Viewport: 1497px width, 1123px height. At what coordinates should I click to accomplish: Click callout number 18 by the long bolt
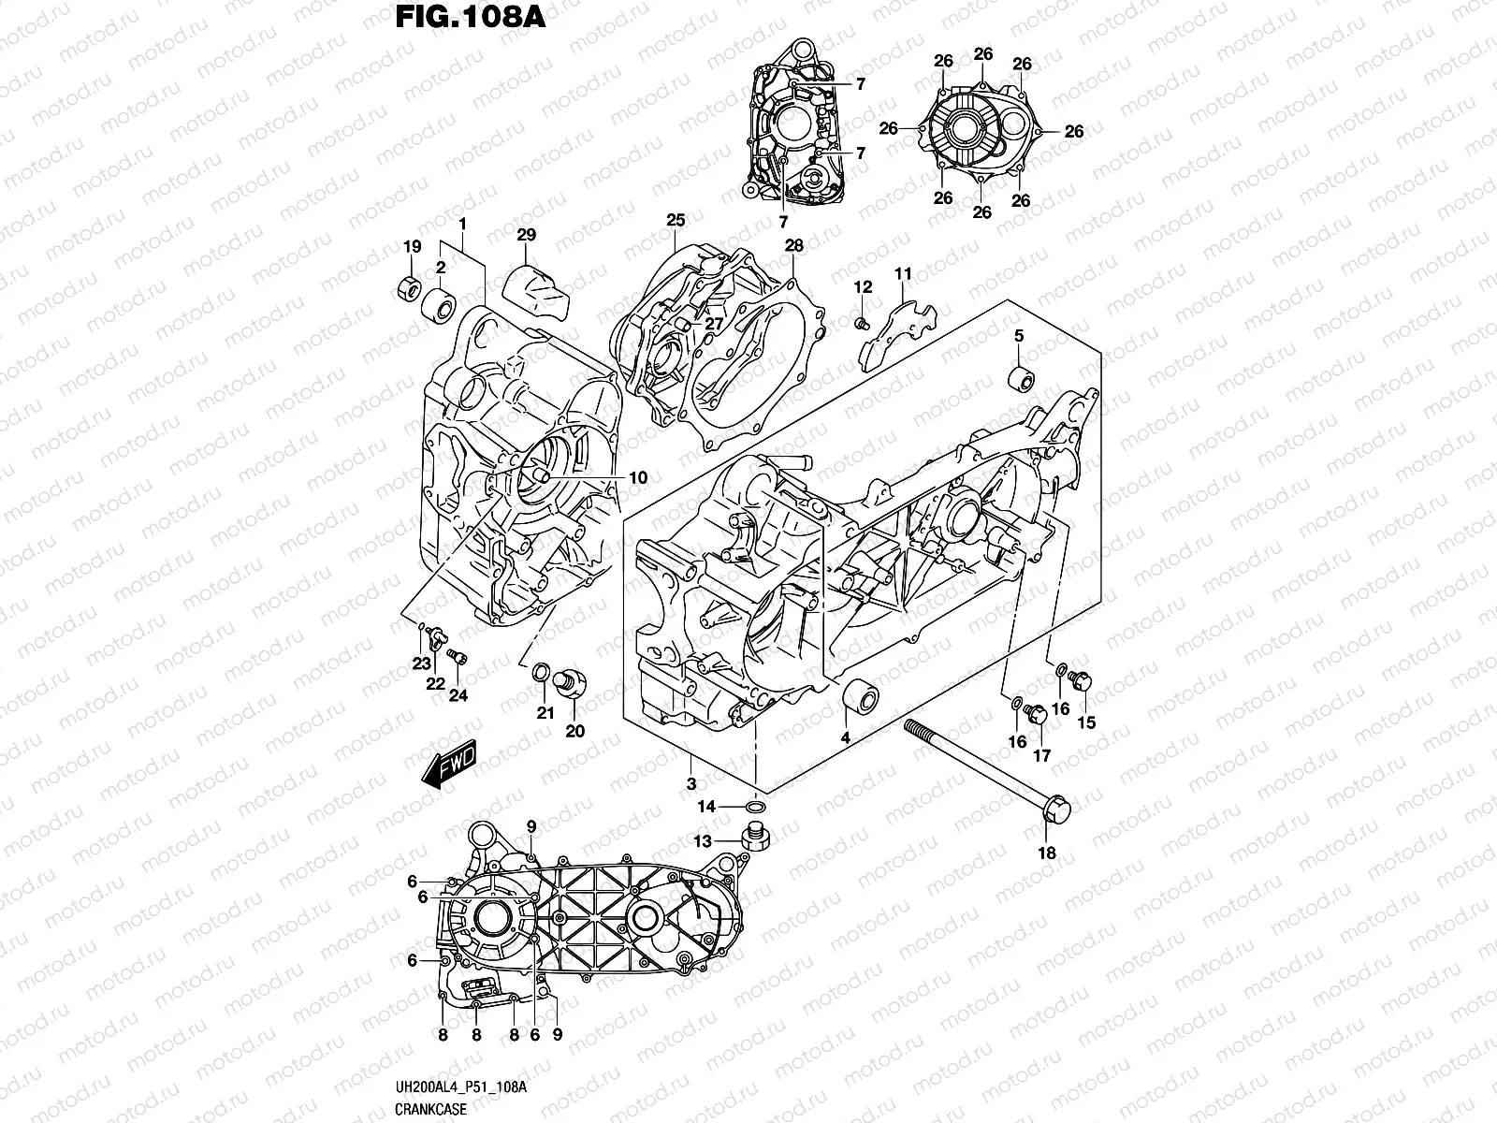coord(1046,853)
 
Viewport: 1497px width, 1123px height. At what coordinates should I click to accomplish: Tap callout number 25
coord(676,221)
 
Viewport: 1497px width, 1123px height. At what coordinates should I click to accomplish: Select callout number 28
coord(794,245)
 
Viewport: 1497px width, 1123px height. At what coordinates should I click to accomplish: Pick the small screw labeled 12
coord(861,323)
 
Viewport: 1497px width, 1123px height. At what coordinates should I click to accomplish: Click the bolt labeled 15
coord(1083,683)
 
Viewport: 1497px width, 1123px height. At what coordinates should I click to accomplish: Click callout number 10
coord(637,478)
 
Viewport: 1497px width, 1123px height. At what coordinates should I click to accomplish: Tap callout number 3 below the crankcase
coord(690,783)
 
